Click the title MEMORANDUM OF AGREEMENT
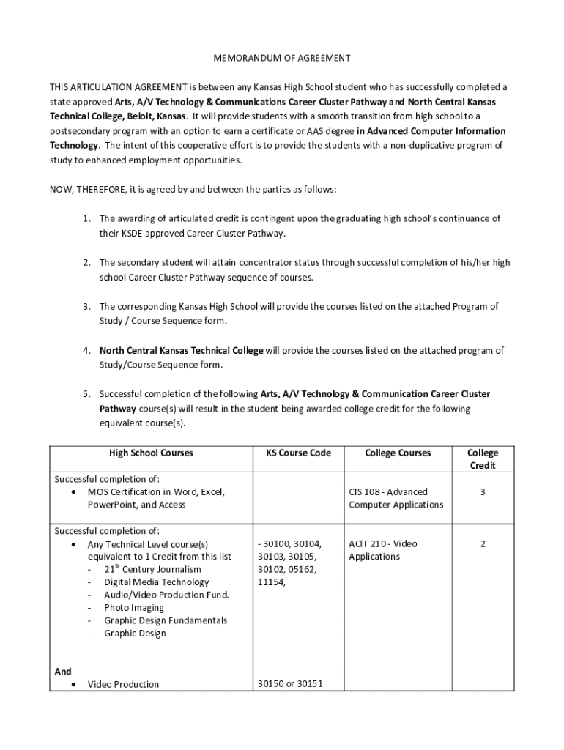(282, 57)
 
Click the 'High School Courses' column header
(151, 453)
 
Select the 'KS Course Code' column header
(293, 453)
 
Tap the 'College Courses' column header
(398, 453)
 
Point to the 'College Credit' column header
(482, 459)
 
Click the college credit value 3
(483, 492)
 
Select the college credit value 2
(483, 544)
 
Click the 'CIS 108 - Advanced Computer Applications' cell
(396, 499)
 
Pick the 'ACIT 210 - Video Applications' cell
(383, 551)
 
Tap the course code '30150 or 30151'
(290, 685)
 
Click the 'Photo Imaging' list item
(134, 608)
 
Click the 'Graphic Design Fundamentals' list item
(166, 621)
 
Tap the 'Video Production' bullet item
(123, 685)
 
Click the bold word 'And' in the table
(63, 672)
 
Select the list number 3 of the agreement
(86, 307)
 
